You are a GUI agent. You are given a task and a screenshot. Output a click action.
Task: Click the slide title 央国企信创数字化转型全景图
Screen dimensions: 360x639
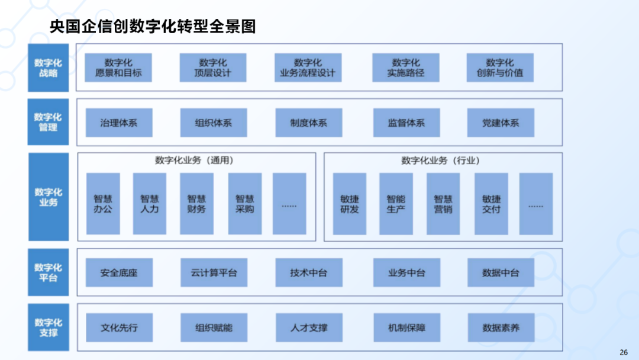pyautogui.click(x=153, y=26)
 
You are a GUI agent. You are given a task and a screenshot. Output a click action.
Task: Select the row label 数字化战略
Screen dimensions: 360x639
pyautogui.click(x=48, y=67)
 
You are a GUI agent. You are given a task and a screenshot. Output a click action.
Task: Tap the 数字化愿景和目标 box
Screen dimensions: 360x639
pyautogui.click(x=118, y=67)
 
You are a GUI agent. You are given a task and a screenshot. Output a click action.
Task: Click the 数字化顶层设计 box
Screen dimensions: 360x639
pyautogui.click(x=213, y=67)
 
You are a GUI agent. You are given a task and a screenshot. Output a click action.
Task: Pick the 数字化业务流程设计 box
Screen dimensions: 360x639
pyautogui.click(x=308, y=67)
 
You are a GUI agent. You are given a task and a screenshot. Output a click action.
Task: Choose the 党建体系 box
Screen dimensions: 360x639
pyautogui.click(x=501, y=123)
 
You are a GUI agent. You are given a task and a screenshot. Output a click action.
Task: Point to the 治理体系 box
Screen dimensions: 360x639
pyautogui.click(x=119, y=123)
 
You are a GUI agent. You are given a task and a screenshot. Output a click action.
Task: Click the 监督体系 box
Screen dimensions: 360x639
pyautogui.click(x=406, y=123)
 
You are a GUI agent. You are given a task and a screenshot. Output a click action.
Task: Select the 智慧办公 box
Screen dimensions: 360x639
pyautogui.click(x=103, y=203)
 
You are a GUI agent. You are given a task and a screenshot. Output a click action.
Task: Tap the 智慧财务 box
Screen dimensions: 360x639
pyautogui.click(x=197, y=203)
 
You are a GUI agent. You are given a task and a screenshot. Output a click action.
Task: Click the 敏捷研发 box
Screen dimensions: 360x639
pyautogui.click(x=350, y=203)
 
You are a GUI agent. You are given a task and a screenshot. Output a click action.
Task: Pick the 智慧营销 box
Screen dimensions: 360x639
pyautogui.click(x=443, y=203)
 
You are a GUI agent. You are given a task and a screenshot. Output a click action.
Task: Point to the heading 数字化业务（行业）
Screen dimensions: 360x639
pyautogui.click(x=440, y=160)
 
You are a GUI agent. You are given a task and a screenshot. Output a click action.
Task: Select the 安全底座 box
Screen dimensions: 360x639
pyautogui.click(x=119, y=272)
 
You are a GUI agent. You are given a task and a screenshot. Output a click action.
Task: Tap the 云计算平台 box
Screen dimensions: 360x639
pyautogui.click(x=214, y=272)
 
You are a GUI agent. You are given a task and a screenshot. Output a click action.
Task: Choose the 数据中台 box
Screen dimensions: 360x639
pyautogui.click(x=501, y=272)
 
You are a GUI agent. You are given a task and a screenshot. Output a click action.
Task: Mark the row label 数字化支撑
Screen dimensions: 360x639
pyautogui.click(x=48, y=327)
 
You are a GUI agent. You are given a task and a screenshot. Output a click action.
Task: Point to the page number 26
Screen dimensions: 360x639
pyautogui.click(x=624, y=352)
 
